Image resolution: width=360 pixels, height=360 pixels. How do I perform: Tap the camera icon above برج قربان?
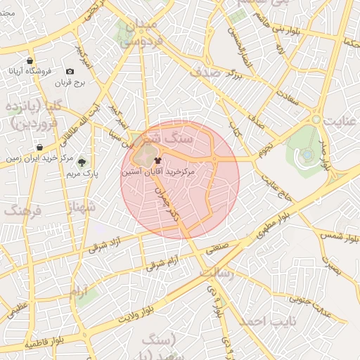[70, 72]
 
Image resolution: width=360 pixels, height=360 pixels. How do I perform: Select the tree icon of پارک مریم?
[82, 162]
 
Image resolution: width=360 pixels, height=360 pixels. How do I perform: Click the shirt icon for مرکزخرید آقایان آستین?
[156, 160]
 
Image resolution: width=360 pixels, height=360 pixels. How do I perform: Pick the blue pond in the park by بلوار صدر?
[307, 154]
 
